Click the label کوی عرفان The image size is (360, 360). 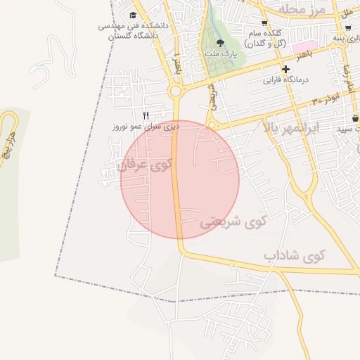(x=146, y=166)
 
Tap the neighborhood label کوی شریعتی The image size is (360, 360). (x=233, y=223)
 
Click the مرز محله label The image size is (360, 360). (x=303, y=9)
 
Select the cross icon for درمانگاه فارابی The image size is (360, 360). (x=285, y=69)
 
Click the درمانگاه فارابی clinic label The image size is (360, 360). (x=286, y=79)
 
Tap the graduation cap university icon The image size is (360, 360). (x=134, y=15)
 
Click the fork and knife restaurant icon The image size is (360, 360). (x=146, y=115)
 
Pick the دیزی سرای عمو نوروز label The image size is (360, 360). (x=146, y=127)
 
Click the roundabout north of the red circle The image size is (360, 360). (x=175, y=91)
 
